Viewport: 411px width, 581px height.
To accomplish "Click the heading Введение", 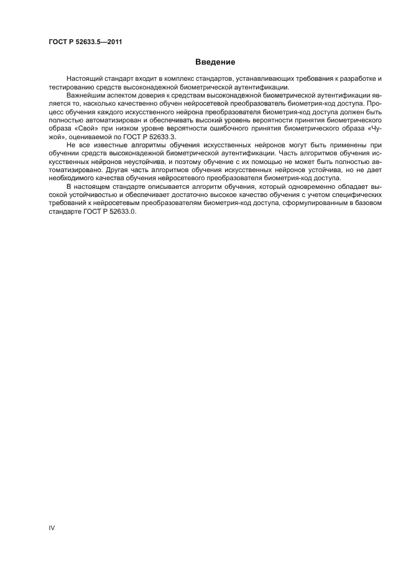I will (215, 62).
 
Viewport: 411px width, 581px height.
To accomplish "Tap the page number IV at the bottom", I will (52, 528).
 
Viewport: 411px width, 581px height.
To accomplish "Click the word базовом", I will (366, 203).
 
